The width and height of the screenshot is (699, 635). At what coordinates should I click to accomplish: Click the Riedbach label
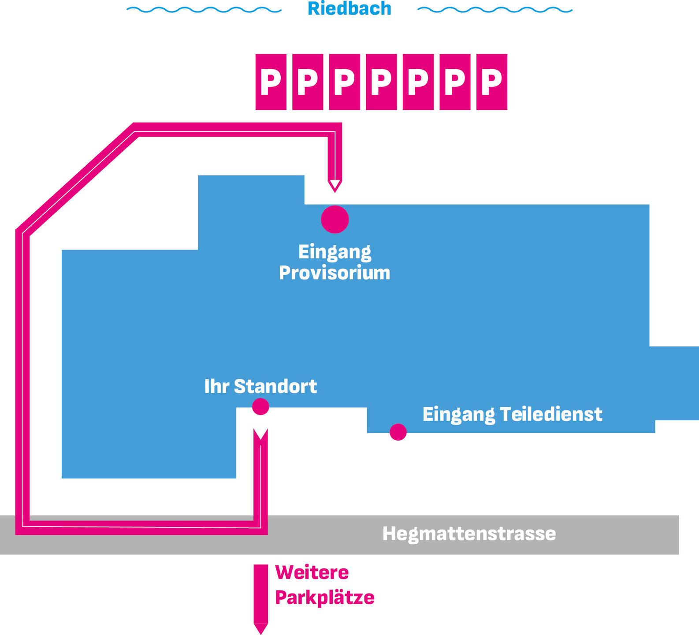coord(349,9)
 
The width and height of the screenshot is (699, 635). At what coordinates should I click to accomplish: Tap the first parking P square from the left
coord(271,82)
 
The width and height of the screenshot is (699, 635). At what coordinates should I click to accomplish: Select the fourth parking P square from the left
coord(381,82)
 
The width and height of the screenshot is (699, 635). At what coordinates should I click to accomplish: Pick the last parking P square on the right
coord(492,82)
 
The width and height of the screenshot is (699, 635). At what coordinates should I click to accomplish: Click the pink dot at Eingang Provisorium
coord(335,219)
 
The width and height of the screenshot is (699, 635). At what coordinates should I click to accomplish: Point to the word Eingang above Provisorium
coord(335,252)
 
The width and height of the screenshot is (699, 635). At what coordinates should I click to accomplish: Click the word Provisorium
coord(335,273)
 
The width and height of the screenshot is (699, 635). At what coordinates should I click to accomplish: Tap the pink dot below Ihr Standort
coord(260,407)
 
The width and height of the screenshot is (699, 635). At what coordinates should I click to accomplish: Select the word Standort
coord(275,386)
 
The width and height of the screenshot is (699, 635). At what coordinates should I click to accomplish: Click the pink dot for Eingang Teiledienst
coord(398,432)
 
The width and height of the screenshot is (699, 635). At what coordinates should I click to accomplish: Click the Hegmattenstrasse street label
coord(469,534)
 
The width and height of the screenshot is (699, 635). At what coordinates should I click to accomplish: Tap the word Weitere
coord(312,573)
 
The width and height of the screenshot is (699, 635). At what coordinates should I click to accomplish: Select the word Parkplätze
coord(325,598)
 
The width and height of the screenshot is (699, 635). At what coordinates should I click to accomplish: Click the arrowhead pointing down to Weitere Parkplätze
coord(261,629)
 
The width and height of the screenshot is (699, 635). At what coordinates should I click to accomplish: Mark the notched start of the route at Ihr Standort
coord(261,434)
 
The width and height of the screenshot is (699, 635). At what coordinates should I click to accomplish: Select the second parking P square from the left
coord(308,82)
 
